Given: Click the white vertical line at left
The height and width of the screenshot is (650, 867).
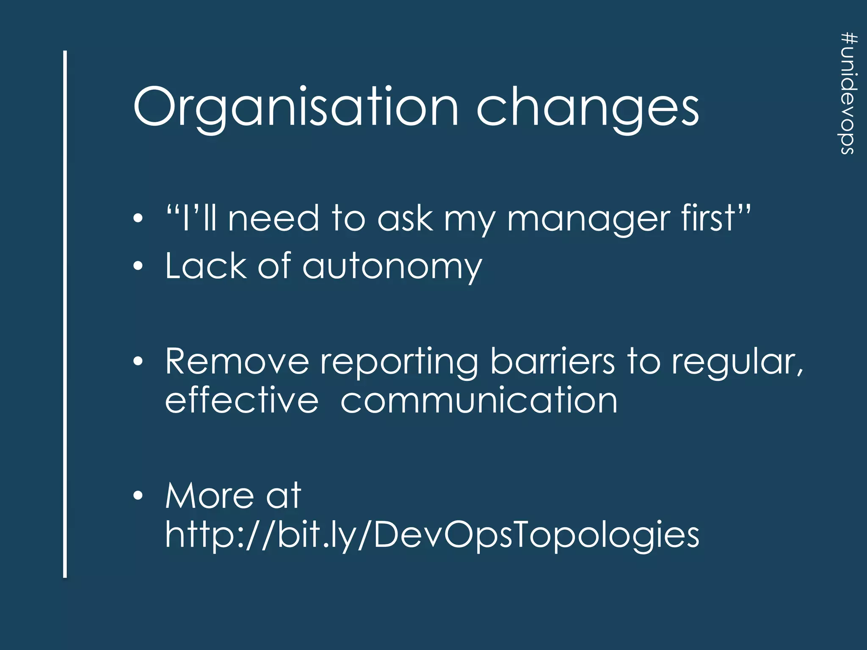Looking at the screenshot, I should [65, 313].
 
